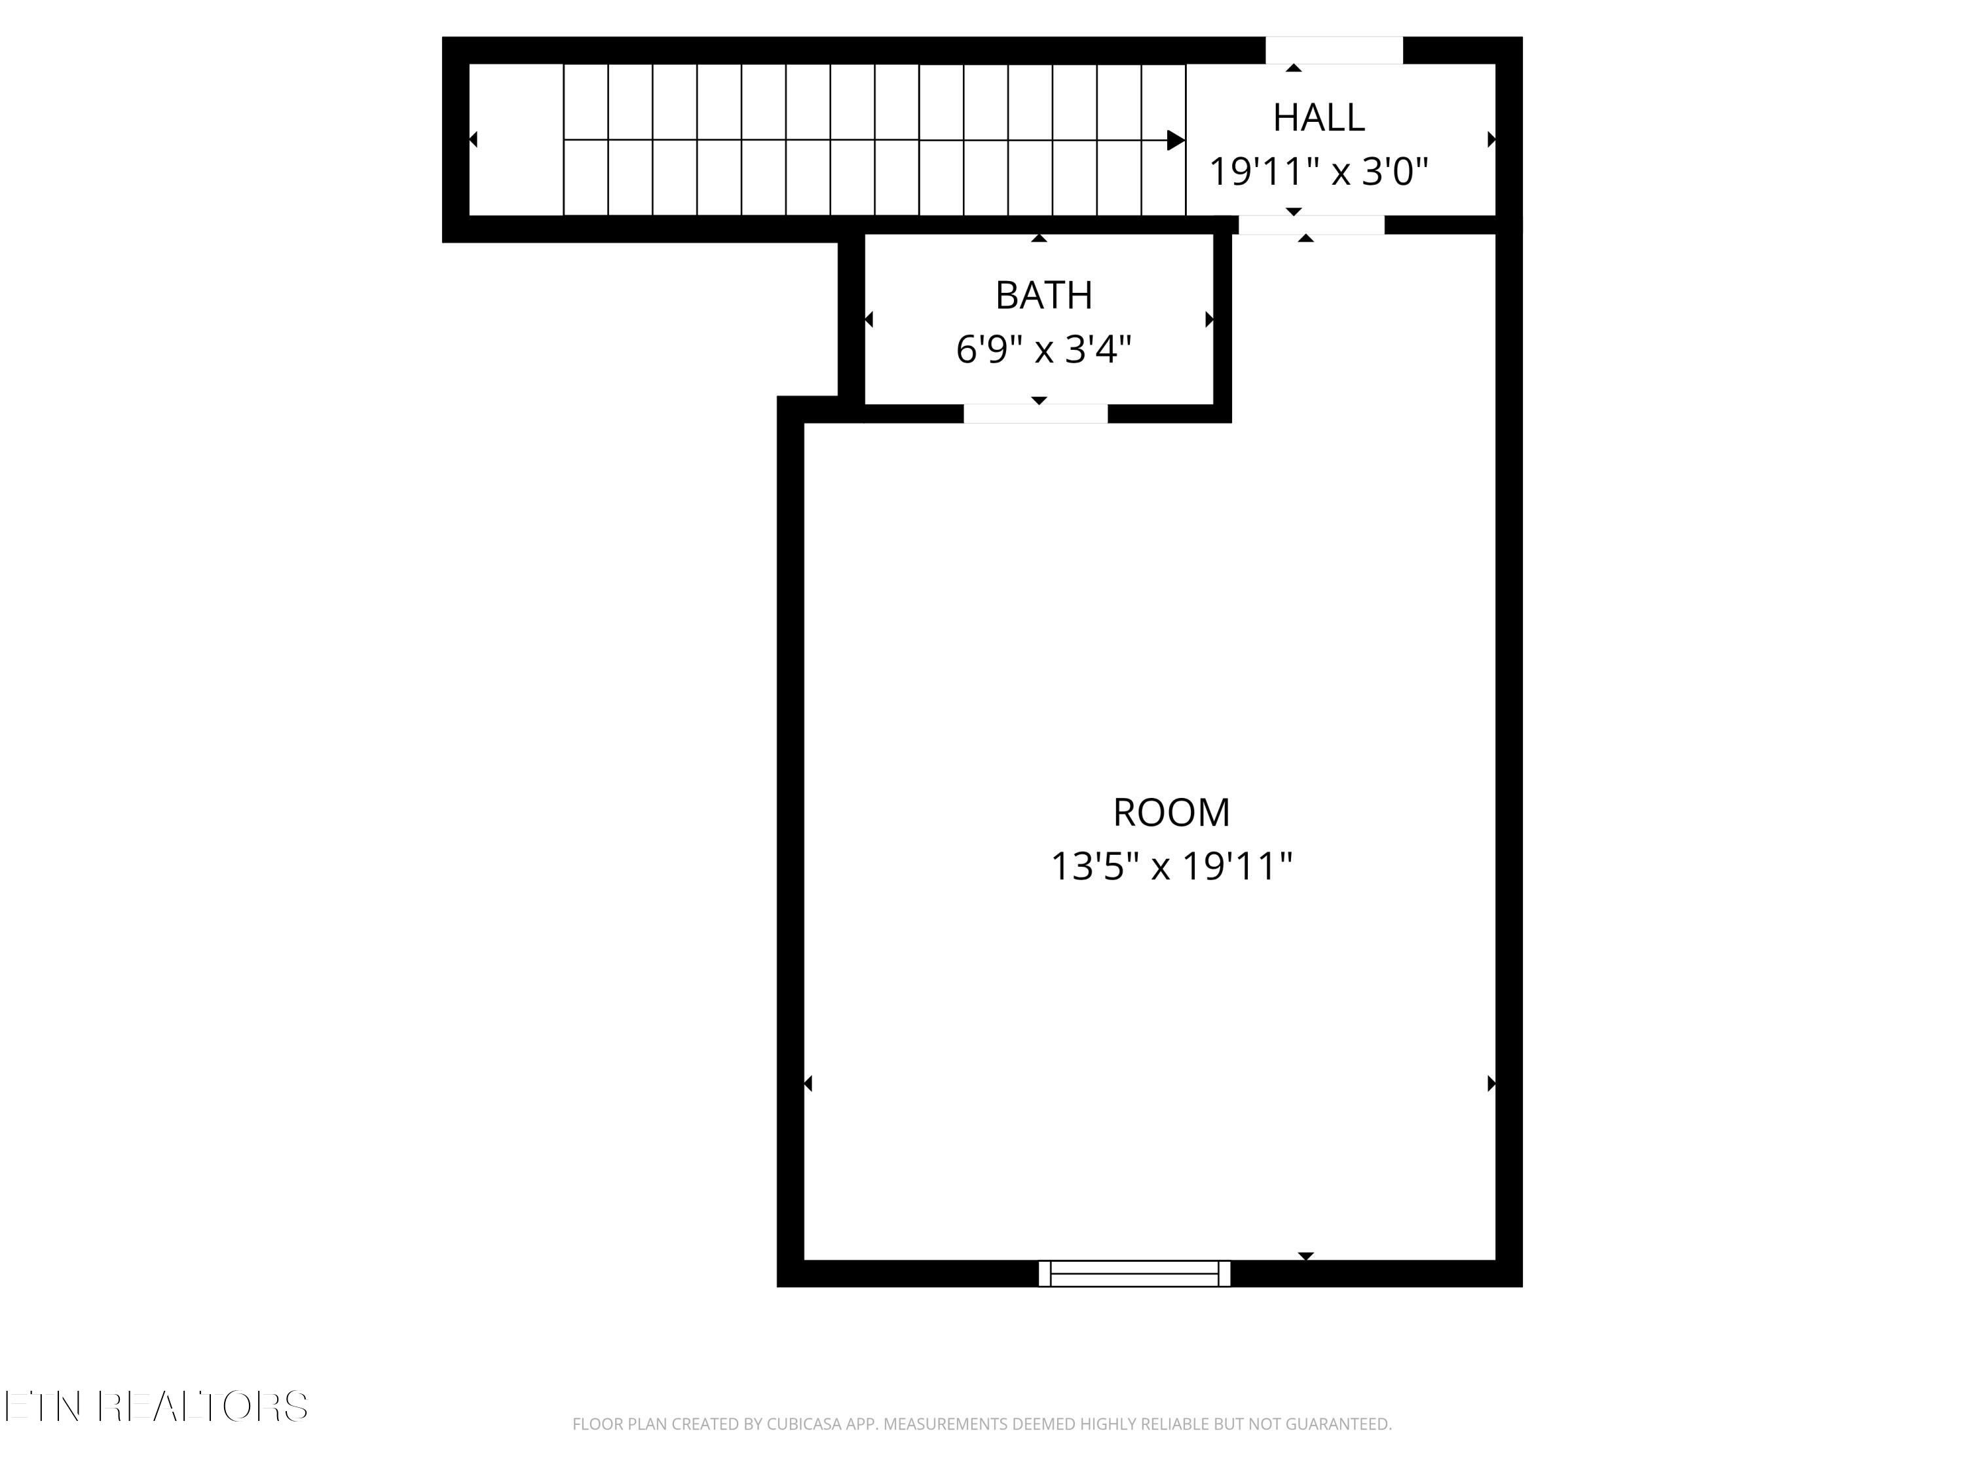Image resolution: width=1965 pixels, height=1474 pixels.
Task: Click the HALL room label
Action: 1319,117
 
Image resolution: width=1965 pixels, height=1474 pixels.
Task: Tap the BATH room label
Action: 1044,295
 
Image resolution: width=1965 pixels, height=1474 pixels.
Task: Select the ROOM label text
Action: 1171,812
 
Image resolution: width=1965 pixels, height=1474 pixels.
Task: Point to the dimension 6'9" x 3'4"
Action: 1044,349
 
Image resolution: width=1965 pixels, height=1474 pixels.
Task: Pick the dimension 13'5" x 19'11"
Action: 1171,865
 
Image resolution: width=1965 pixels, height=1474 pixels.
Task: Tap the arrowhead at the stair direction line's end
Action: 1175,140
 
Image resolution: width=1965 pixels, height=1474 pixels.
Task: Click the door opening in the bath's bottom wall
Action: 1036,413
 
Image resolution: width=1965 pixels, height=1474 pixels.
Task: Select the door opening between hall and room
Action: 1311,225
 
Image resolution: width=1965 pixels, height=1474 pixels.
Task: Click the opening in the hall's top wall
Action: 1334,50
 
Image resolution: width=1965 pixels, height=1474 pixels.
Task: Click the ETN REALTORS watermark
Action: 157,1406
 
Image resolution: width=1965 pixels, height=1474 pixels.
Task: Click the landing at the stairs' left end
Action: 516,140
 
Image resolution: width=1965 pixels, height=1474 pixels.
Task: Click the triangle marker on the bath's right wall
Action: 1209,319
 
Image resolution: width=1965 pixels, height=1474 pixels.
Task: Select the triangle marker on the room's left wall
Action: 808,1083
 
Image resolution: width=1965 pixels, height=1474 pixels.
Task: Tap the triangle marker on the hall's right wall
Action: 1491,140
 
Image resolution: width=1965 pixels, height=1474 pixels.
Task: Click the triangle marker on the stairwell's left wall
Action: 474,140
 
